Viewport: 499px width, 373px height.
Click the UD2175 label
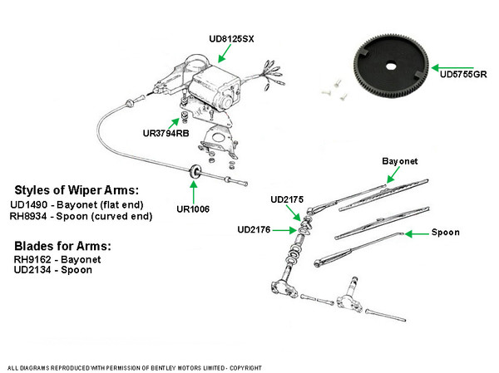click(289, 199)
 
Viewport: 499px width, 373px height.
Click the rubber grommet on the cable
click(195, 171)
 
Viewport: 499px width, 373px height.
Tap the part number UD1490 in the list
click(29, 204)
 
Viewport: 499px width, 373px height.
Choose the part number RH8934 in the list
click(29, 218)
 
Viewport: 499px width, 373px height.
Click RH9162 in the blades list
click(32, 259)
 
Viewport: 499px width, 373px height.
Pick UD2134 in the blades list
click(32, 272)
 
